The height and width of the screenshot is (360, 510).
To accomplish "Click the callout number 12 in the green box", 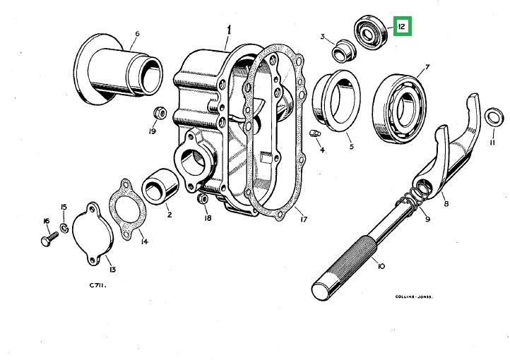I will click(x=401, y=28).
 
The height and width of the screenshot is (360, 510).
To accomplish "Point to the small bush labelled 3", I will click(x=343, y=51).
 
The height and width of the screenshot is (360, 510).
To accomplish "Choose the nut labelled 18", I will click(x=201, y=200).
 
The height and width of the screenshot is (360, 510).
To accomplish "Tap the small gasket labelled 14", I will click(x=128, y=210).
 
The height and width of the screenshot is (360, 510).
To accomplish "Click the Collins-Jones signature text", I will click(x=413, y=297).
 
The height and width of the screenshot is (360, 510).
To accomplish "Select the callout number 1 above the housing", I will click(x=228, y=30).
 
